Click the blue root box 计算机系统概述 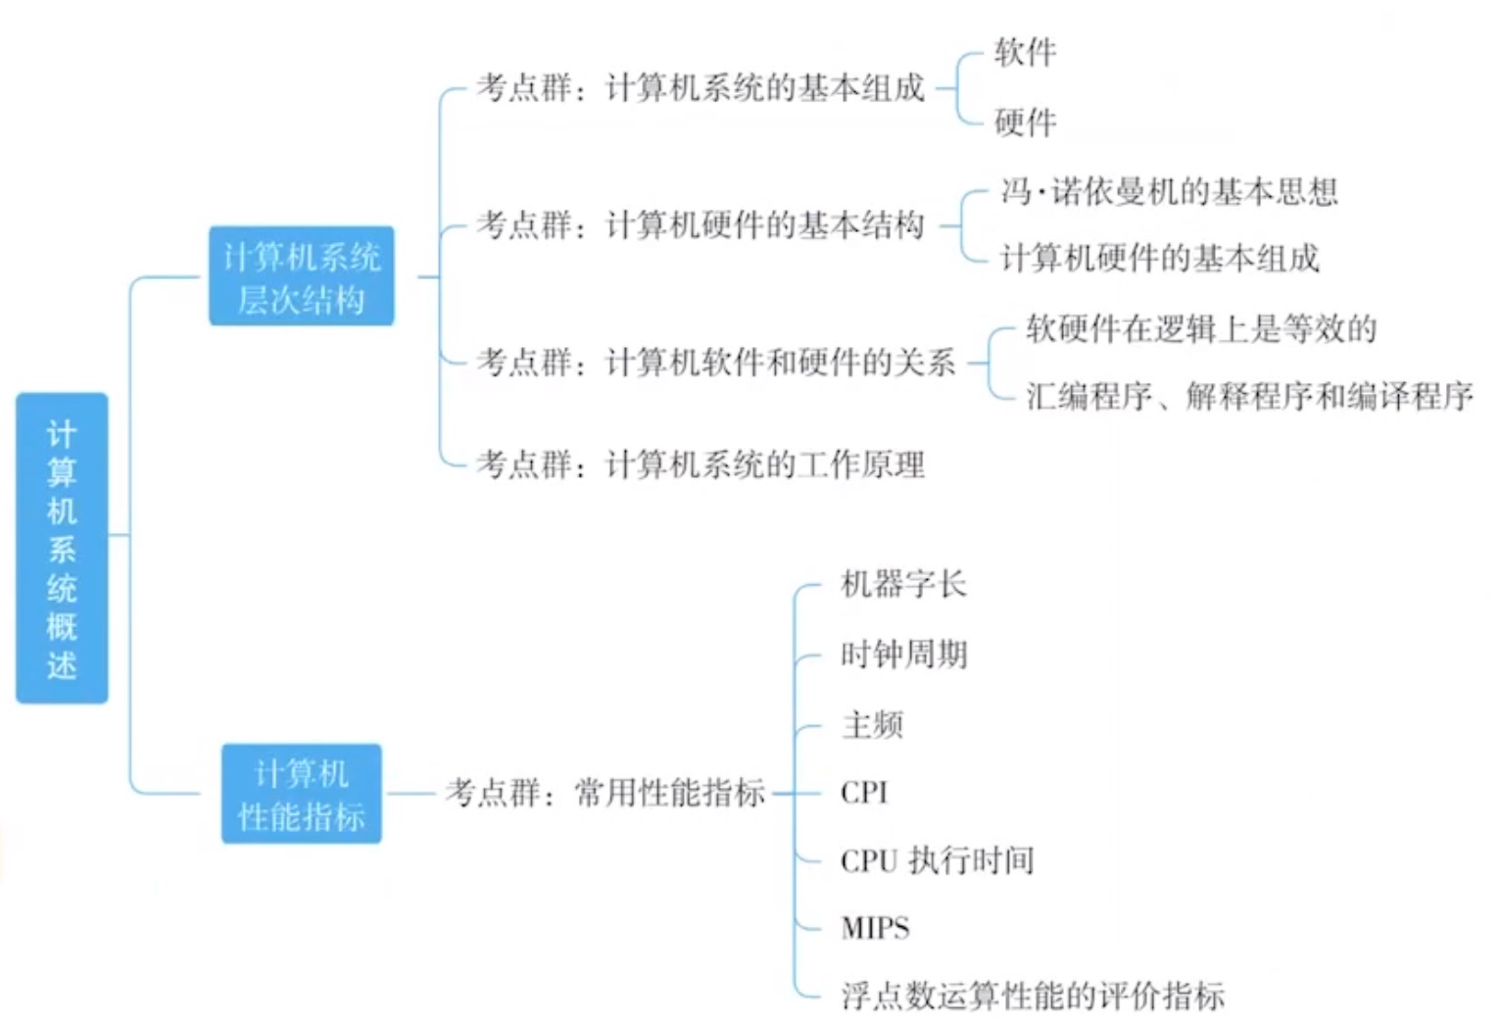62,548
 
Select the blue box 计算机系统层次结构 301,277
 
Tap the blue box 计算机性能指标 301,794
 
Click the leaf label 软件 1025,52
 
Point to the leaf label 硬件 1025,122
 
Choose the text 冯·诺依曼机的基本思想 1169,191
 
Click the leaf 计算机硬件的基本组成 1159,258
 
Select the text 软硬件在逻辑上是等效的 1201,328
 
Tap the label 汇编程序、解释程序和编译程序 1249,396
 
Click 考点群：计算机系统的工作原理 701,463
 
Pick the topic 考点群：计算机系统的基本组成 701,88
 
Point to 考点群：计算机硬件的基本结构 701,225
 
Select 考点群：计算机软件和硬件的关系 716,363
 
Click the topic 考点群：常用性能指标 605,793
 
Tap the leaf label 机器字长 903,584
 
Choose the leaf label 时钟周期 903,654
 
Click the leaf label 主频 872,725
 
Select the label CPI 863,792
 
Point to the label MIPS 875,927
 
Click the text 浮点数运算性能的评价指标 1033,996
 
